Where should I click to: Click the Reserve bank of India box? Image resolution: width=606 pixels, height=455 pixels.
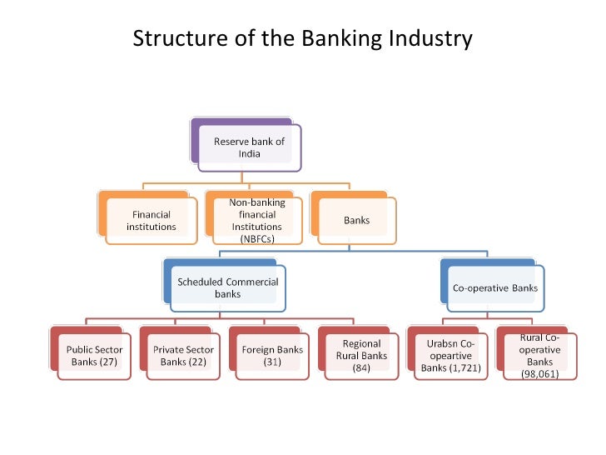coord(249,147)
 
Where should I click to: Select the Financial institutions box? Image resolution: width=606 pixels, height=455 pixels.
coord(151,221)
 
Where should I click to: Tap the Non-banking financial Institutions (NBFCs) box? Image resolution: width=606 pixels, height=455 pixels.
coord(256,221)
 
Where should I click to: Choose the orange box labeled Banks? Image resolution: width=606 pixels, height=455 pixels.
coord(356,221)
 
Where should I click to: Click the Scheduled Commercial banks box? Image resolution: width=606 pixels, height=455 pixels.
coord(227,288)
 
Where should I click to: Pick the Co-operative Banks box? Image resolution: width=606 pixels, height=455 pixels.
coord(494,288)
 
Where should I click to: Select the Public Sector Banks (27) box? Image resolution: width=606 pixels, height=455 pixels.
coord(94,356)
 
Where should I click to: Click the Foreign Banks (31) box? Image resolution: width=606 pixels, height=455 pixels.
coord(271,356)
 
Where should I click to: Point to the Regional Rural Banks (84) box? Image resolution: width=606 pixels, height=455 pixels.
coord(361,356)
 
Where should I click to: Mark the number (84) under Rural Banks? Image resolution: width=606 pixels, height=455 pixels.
coord(361,367)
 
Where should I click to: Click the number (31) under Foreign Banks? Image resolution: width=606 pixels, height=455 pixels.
coord(271,362)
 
